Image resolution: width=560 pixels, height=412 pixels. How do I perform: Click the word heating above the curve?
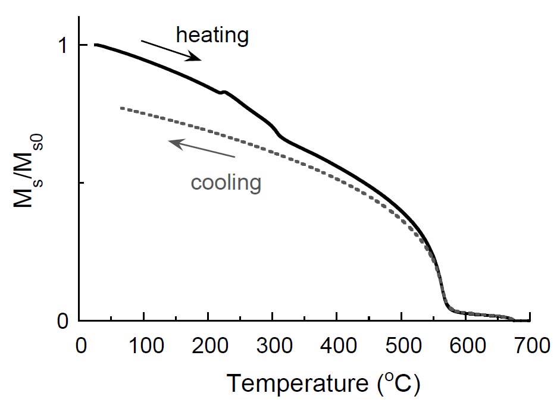pos(212,36)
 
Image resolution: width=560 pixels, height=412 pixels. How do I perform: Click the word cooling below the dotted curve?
pos(226,183)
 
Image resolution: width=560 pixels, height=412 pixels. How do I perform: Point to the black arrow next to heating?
pos(171,50)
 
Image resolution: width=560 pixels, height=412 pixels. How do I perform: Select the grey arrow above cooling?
pos(202,149)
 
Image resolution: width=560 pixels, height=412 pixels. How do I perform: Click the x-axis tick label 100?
pos(143,346)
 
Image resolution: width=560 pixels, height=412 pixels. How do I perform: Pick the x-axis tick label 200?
pos(208,346)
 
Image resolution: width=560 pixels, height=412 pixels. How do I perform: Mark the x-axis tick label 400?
pos(337,346)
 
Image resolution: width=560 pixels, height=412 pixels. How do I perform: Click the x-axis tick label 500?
pos(402,346)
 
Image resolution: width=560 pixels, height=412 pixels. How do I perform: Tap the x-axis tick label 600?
pos(466,346)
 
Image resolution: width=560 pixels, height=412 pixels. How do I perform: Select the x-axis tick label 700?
pos(529,346)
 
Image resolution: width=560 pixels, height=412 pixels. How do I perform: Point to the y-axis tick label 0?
pos(63,322)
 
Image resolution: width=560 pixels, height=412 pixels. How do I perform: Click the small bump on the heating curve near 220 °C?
pos(223,92)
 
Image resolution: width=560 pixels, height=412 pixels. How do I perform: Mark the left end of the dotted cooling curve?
pos(121,108)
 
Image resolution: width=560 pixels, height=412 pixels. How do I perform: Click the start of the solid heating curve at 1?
pos(96,45)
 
